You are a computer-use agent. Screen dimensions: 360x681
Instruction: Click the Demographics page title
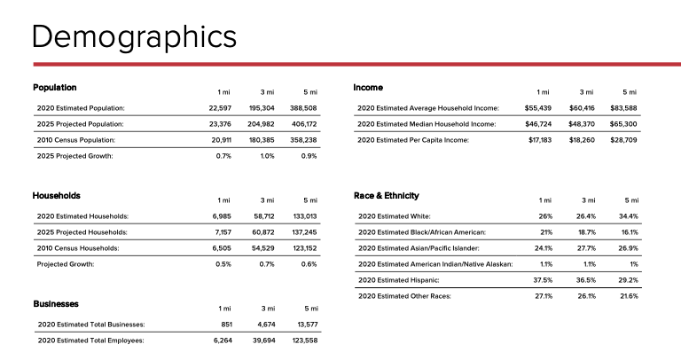click(134, 36)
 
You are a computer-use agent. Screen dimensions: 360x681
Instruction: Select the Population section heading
click(55, 88)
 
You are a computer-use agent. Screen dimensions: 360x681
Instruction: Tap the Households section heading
click(57, 195)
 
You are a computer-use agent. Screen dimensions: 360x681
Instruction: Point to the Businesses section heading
click(56, 304)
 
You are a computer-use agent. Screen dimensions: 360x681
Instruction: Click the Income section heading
click(368, 88)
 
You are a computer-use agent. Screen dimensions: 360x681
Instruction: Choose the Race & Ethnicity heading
click(387, 195)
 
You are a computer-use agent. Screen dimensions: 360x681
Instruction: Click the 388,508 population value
click(302, 108)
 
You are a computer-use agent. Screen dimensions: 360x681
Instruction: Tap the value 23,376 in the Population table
click(218, 124)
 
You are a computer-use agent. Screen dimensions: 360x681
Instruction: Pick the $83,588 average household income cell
click(623, 108)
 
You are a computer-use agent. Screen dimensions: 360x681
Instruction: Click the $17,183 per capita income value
click(540, 140)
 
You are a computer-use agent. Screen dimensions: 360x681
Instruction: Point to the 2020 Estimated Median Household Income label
click(427, 124)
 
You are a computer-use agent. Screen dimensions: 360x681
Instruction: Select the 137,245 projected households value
click(303, 232)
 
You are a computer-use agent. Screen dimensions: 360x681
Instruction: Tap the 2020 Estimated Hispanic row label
click(399, 280)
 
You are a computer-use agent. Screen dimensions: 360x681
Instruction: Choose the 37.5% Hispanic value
click(543, 280)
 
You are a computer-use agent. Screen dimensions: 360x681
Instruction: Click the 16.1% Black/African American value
click(629, 232)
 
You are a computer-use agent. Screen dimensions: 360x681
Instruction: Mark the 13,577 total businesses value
click(305, 325)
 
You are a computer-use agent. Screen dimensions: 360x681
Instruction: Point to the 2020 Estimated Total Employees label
click(90, 340)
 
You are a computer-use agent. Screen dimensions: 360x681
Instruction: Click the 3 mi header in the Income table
click(586, 92)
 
